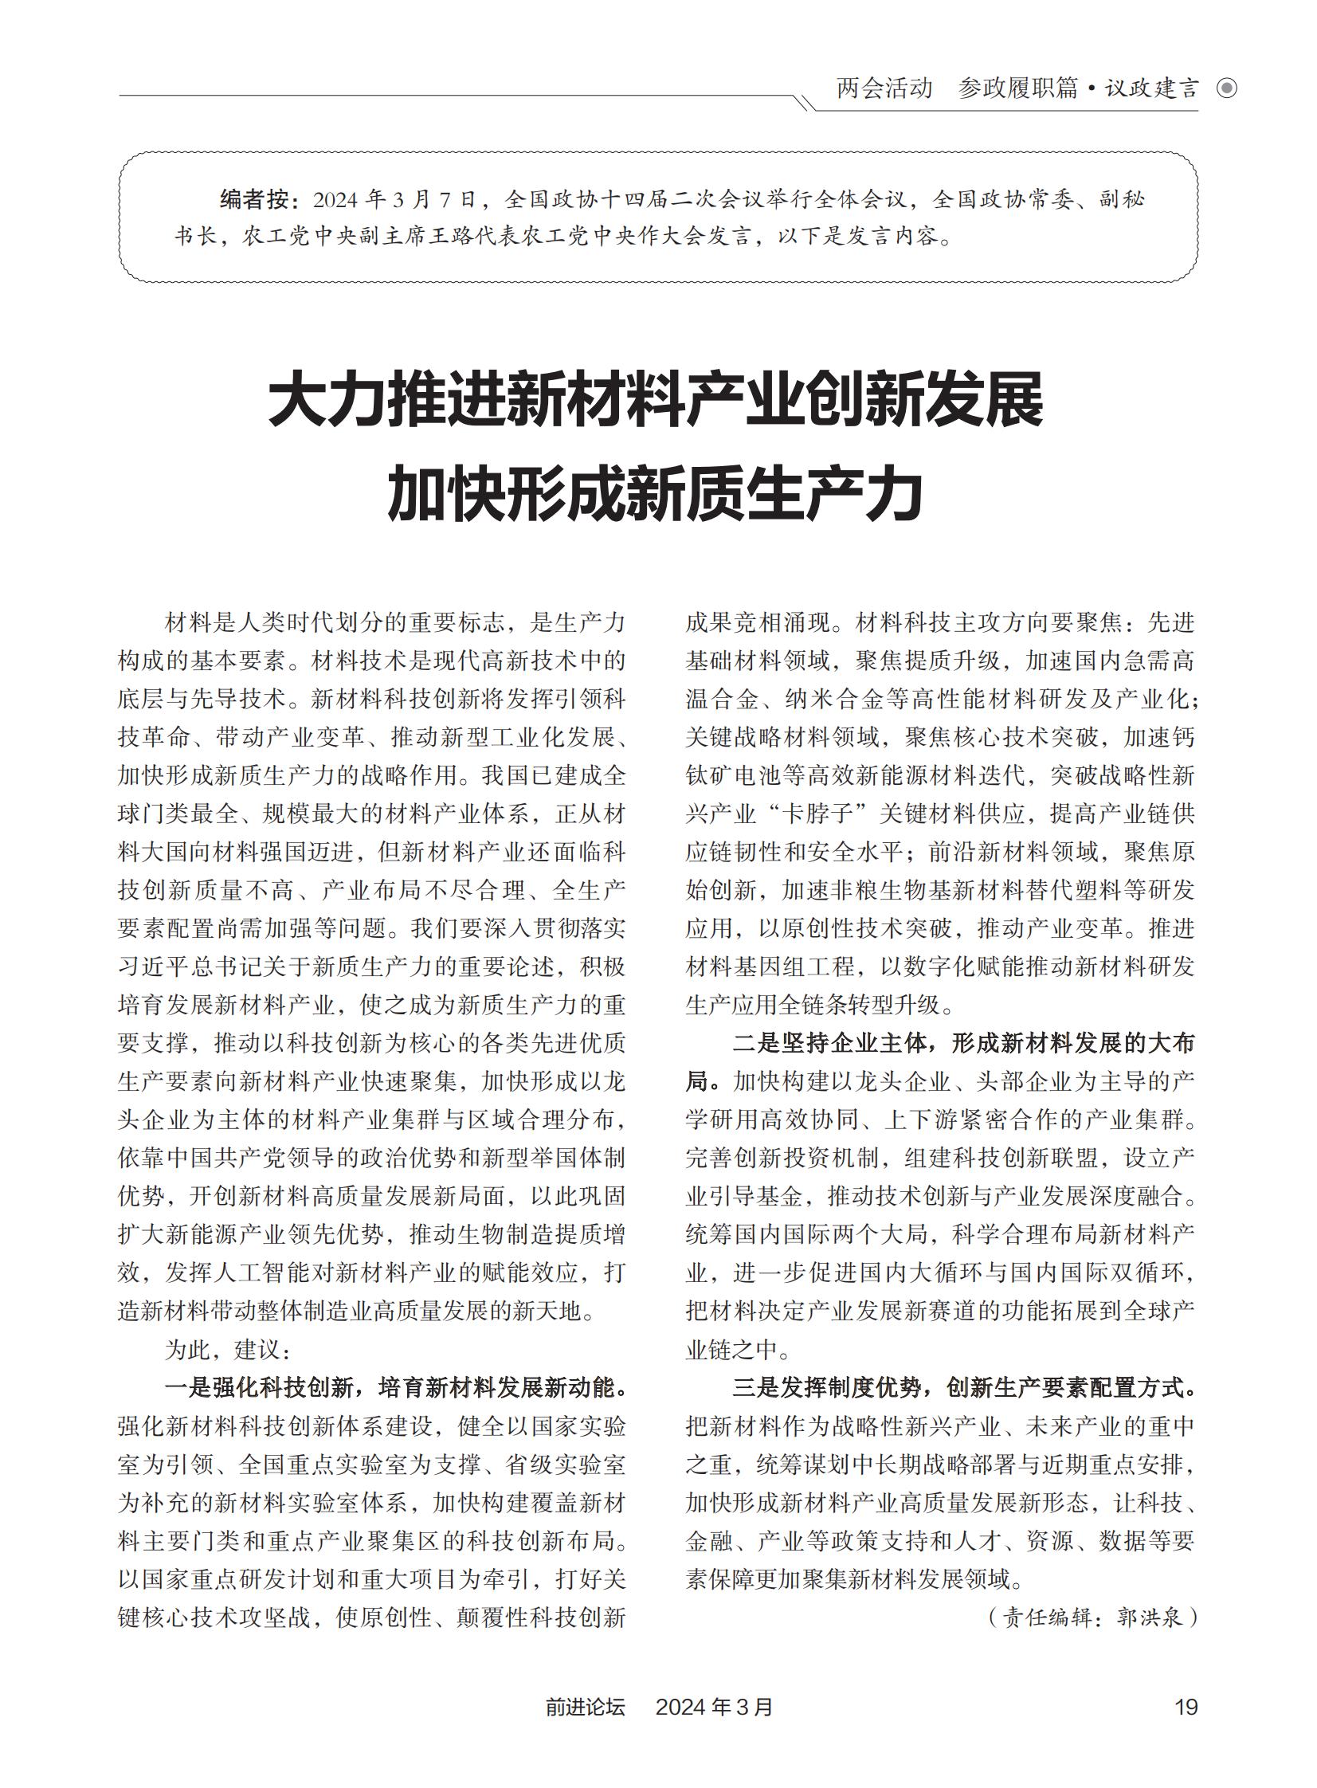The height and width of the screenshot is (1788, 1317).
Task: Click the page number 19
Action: coord(1186,1707)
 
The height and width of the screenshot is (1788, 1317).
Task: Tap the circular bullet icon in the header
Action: coord(1227,88)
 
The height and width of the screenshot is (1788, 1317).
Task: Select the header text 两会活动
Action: coord(884,88)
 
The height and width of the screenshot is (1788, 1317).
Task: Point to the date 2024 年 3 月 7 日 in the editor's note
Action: coord(394,199)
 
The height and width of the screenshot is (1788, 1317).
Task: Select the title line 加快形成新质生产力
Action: coord(656,495)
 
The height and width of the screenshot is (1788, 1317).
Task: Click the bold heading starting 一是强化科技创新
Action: coord(394,1388)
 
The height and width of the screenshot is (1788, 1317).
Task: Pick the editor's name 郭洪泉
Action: coord(1149,1617)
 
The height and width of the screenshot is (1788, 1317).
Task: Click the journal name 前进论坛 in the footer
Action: coord(585,1707)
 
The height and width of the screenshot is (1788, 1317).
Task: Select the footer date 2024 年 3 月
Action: coord(714,1707)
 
